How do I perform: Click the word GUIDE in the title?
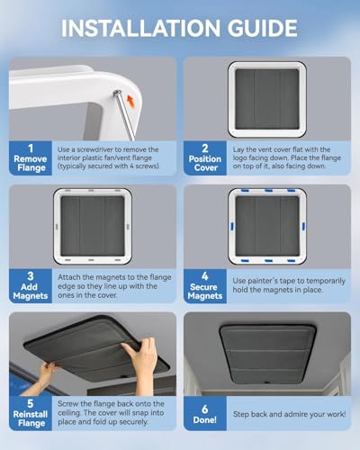click(262, 28)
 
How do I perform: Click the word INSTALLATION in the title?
click(141, 28)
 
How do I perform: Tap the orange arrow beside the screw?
click(130, 102)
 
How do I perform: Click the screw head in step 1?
click(117, 93)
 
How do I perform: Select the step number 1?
click(31, 148)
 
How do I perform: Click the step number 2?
click(205, 148)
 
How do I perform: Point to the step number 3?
click(31, 276)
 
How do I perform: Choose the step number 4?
click(205, 276)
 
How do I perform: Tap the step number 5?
click(31, 403)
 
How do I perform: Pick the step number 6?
click(205, 409)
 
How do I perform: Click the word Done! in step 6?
click(205, 419)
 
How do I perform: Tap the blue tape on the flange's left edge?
click(232, 226)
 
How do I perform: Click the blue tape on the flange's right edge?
click(303, 226)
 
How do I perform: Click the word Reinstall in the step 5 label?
click(31, 414)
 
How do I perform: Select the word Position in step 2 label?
click(205, 159)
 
